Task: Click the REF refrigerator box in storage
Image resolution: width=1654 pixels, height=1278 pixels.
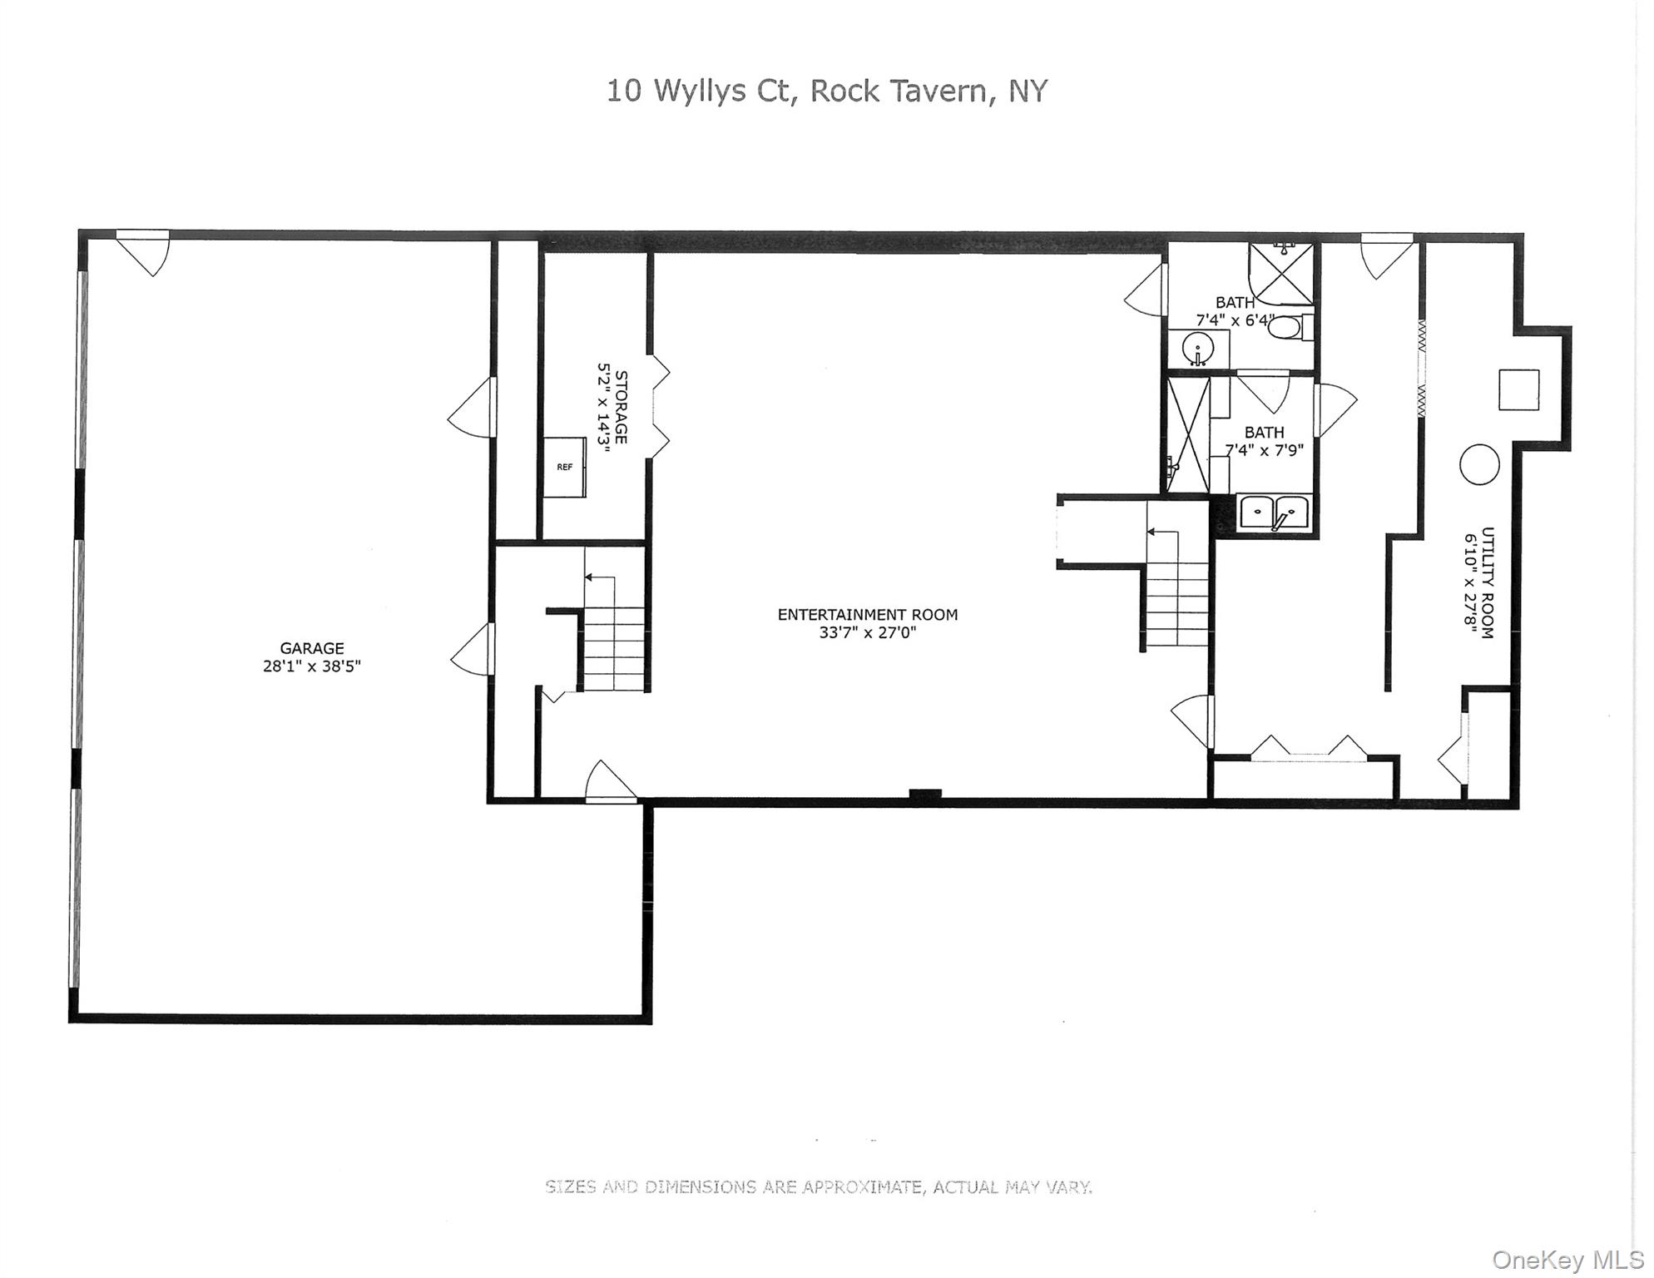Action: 565,468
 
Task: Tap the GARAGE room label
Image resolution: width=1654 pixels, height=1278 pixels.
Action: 311,648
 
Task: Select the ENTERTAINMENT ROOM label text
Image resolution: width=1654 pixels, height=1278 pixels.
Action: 867,615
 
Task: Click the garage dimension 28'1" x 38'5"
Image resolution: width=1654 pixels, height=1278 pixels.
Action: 311,666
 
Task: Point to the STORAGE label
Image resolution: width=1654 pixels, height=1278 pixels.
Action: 621,407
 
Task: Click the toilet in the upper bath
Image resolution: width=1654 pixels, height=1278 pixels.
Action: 1285,327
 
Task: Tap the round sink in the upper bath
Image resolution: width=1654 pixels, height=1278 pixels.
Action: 1198,348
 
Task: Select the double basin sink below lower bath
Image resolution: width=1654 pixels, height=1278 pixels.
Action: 1274,512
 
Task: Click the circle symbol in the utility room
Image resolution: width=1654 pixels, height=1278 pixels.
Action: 1478,464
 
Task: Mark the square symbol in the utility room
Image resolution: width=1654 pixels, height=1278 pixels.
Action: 1518,389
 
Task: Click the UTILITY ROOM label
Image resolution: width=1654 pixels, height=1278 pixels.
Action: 1488,582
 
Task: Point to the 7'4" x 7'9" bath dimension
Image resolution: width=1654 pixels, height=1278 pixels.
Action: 1264,451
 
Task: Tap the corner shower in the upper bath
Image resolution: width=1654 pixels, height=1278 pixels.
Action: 1281,273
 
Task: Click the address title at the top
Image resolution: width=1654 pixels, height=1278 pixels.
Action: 826,91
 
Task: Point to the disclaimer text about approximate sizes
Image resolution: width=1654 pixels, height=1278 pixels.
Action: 819,1187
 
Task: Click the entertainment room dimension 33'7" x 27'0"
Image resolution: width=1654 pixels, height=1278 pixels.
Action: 867,633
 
